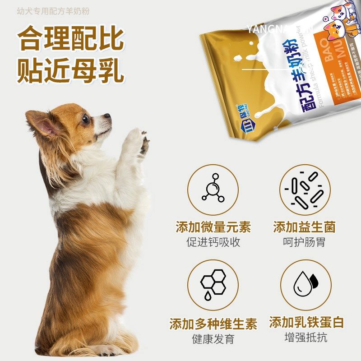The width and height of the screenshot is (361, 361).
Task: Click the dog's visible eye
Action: (85, 119)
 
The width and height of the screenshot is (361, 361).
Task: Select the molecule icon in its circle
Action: (213, 189)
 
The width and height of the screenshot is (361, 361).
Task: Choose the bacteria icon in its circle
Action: (306, 189)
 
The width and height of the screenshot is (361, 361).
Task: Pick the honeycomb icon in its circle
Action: (213, 285)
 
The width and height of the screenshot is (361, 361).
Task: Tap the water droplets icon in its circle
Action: (306, 285)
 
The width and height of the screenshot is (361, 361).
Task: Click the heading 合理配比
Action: (70, 40)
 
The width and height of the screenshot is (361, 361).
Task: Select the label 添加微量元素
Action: (213, 227)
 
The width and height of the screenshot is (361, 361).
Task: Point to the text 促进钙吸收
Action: (213, 242)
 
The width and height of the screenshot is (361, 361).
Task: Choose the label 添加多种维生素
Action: (213, 324)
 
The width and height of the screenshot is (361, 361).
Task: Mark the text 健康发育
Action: (213, 339)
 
